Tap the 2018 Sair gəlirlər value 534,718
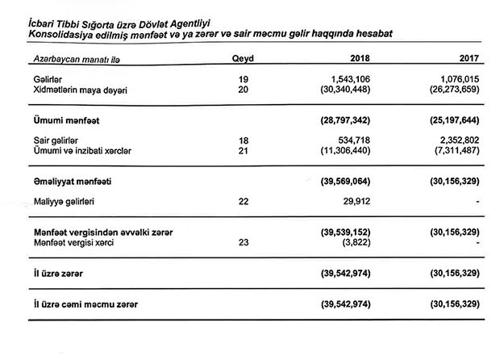pyautogui.click(x=354, y=140)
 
